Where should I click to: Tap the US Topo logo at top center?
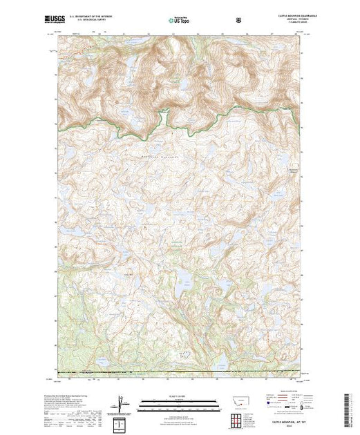[179, 21]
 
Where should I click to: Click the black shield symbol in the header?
[238, 21]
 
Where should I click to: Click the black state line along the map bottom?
[180, 374]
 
